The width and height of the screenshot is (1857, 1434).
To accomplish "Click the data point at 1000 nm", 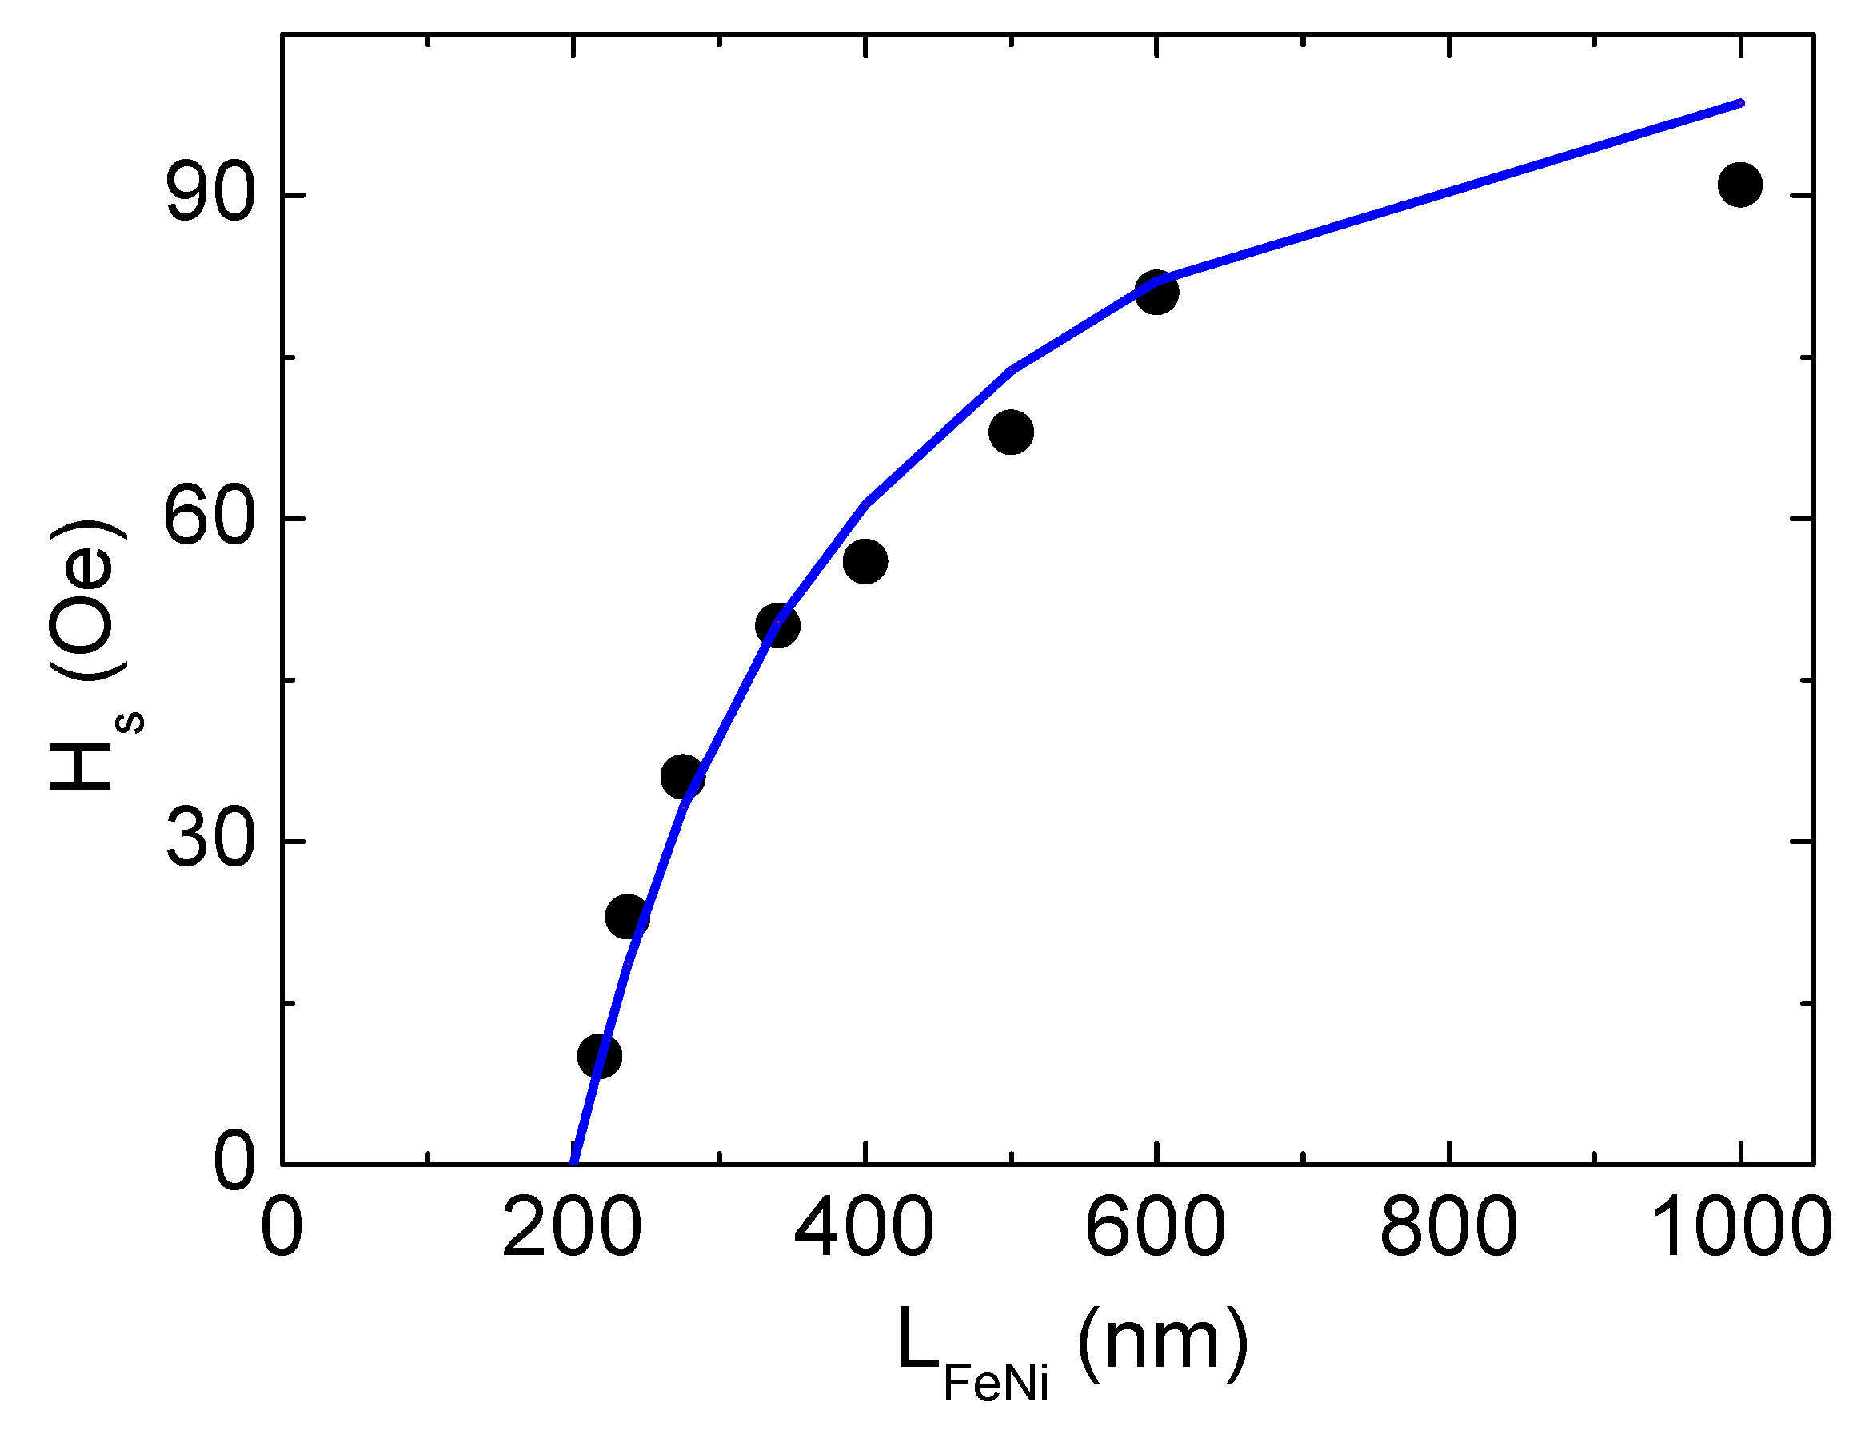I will point(1739,185).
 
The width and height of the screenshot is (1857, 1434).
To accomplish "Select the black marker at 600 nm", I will point(1156,293).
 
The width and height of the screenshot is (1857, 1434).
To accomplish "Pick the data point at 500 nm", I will point(1011,432).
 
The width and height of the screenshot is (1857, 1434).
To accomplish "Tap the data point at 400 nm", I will point(865,561).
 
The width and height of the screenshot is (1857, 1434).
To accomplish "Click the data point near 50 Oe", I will point(777,626).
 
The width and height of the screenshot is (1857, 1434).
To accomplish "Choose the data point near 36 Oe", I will point(682,776).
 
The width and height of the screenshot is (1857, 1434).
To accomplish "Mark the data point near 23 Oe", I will point(628,917).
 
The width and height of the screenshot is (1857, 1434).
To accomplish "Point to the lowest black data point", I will point(598,1056).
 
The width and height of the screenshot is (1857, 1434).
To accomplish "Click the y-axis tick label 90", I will point(210,195).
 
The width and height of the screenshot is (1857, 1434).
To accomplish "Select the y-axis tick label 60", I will point(210,518).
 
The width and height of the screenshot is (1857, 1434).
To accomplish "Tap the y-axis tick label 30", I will point(210,841).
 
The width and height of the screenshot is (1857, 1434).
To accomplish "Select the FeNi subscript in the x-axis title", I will point(996,1384).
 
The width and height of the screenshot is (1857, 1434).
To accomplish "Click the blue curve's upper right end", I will point(1740,103).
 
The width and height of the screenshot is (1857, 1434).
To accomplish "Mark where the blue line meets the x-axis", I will point(574,1162).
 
